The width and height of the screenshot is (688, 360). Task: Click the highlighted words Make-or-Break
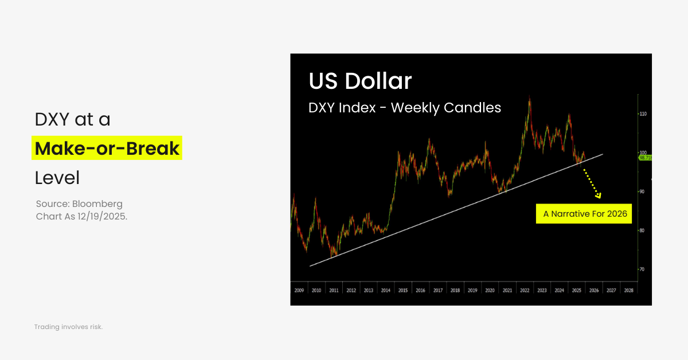click(x=107, y=148)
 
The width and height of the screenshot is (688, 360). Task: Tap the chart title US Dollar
click(x=360, y=81)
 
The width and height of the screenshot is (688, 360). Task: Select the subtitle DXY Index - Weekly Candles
click(x=404, y=107)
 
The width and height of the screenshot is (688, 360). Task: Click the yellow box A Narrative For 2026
click(x=585, y=214)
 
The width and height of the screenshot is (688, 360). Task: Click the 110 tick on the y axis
click(x=643, y=114)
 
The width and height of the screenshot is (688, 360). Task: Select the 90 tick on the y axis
click(x=643, y=191)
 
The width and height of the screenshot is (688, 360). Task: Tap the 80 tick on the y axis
click(x=643, y=230)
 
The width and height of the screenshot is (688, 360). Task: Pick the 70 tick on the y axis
click(x=643, y=269)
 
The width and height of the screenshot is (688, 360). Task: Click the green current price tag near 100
click(x=645, y=157)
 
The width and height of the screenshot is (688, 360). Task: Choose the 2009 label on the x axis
click(x=299, y=291)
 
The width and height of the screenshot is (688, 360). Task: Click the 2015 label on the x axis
click(x=403, y=291)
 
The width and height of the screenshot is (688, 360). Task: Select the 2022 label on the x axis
click(x=525, y=291)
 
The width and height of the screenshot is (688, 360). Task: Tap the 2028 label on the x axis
click(x=629, y=291)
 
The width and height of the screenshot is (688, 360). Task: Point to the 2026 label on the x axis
click(x=594, y=291)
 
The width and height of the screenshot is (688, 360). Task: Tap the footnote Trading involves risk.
click(x=68, y=327)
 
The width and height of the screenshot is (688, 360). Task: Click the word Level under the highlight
click(x=57, y=178)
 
